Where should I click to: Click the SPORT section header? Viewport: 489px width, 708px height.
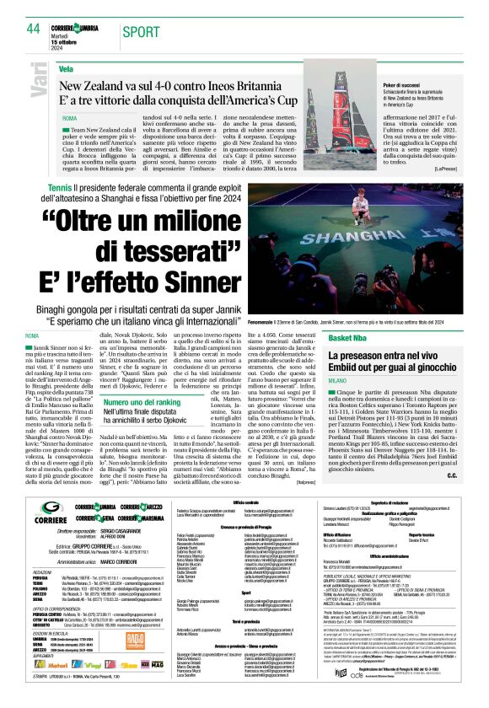coord(140,31)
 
